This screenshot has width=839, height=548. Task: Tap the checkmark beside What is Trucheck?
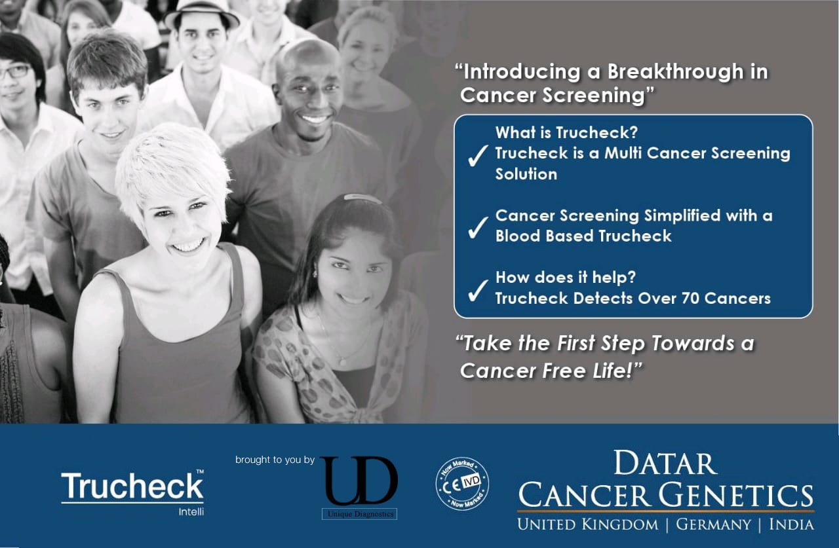tap(478, 156)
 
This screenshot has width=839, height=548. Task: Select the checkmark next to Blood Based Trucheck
tap(478, 227)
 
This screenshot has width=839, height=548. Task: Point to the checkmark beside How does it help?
tap(478, 289)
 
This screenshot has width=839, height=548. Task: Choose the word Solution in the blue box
tap(526, 174)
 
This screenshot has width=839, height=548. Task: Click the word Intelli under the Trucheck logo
tap(191, 511)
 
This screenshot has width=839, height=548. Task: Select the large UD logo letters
tap(359, 481)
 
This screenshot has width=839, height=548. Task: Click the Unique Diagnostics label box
tap(360, 514)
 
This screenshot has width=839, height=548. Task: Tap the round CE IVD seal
tap(462, 484)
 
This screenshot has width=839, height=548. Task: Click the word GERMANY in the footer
tap(713, 524)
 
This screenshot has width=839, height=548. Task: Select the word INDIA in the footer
tap(791, 524)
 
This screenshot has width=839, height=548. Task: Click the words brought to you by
tap(275, 460)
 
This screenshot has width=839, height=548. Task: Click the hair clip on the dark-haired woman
tap(362, 198)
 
